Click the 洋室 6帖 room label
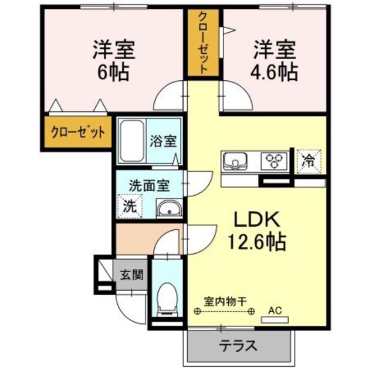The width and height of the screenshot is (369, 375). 114,60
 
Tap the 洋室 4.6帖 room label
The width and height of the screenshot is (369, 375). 275,60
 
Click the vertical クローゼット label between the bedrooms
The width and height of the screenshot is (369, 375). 202,44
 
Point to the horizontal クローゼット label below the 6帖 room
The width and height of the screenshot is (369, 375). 77,132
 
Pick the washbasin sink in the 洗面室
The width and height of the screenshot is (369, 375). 170,208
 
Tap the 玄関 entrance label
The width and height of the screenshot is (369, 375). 131,275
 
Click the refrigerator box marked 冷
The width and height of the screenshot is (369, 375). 308,161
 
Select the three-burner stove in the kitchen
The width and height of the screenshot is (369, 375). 273,160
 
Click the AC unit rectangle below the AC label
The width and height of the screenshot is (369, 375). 274,319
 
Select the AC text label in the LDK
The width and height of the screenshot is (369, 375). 274,309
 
